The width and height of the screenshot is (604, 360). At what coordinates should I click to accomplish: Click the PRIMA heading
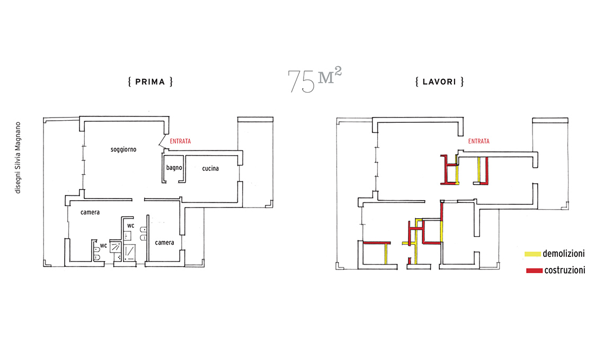[x=150, y=82]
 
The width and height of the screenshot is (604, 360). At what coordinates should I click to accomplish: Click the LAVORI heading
[x=439, y=82]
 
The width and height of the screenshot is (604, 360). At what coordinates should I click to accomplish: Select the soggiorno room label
[x=123, y=149]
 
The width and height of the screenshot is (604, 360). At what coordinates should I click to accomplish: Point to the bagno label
[x=174, y=167]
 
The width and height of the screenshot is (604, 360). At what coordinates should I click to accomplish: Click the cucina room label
[x=210, y=168]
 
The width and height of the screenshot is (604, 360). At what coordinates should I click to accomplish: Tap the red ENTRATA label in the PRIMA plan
[x=180, y=141]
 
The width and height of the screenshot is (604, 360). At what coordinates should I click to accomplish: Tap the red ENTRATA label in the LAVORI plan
[x=479, y=141]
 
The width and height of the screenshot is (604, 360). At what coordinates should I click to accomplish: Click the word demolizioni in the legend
[x=564, y=254]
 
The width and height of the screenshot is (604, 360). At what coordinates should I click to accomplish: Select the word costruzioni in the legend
[x=565, y=271]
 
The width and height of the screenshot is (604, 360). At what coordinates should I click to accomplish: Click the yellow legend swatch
[x=532, y=254]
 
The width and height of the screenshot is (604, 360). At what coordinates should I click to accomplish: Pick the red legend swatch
[x=534, y=271]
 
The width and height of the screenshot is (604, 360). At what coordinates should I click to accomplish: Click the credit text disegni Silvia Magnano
[x=17, y=157]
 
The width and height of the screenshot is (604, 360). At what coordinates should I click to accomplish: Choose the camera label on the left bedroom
[x=90, y=212]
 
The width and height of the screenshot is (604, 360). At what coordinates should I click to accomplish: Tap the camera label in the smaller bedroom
[x=164, y=242]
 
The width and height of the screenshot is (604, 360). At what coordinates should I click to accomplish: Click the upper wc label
[x=130, y=226]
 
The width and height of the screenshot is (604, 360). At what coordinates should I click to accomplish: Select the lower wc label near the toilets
[x=104, y=245]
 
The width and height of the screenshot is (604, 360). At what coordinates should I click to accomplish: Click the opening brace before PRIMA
[x=130, y=82]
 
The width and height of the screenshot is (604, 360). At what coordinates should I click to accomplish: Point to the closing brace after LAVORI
[x=462, y=82]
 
